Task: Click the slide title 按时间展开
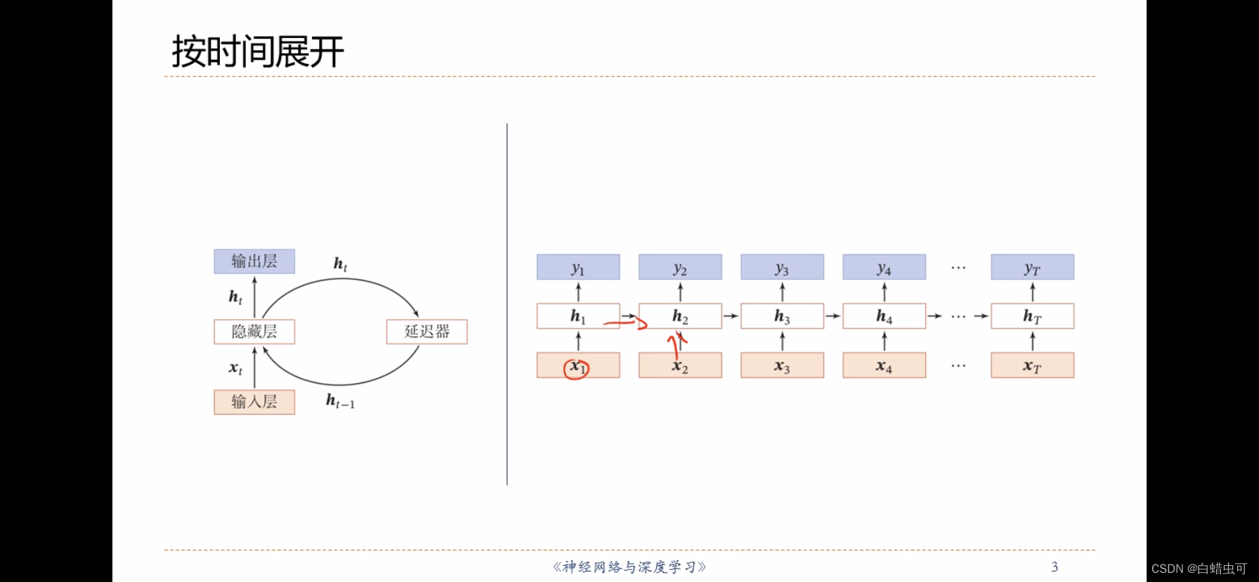(258, 52)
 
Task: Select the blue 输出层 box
(254, 261)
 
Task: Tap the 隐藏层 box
(254, 332)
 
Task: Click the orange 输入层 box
(254, 402)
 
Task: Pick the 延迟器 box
(426, 332)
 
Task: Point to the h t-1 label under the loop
(340, 401)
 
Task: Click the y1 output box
(578, 268)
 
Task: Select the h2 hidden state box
(680, 316)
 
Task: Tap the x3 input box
(782, 366)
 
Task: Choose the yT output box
(1032, 268)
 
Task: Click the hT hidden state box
(1032, 316)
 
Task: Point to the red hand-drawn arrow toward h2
(625, 323)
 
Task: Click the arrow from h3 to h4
(833, 316)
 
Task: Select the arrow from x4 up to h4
(885, 341)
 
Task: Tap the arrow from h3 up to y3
(782, 292)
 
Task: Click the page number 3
(1055, 567)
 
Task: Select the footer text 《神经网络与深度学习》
(629, 567)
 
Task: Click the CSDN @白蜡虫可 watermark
(1199, 569)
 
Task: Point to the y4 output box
(884, 268)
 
